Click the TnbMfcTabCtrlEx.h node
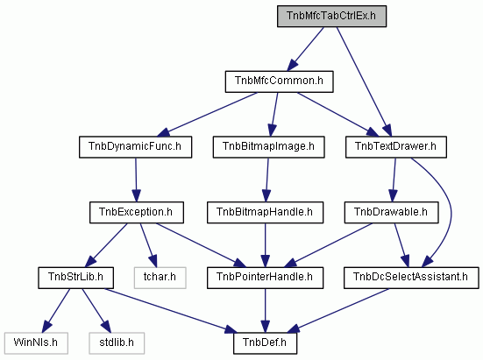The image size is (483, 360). tap(331, 16)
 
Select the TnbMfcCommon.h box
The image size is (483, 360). tap(279, 81)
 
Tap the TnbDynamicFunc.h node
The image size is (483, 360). tap(135, 147)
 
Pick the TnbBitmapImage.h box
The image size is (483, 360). tap(268, 147)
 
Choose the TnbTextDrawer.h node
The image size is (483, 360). tap(396, 147)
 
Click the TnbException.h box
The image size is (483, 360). tap(137, 213)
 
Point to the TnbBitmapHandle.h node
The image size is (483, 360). tap(266, 213)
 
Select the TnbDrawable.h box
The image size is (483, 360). tap(391, 213)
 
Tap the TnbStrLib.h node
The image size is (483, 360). tap(75, 278)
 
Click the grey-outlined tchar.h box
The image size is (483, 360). tap(160, 278)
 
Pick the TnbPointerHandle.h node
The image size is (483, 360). tap(266, 278)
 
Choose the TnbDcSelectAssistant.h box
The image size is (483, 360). tap(411, 278)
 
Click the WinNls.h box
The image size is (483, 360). tap(36, 343)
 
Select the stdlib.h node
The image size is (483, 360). tap(117, 343)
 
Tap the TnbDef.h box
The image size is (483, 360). tap(266, 343)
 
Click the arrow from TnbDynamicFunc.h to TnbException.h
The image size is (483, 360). tap(136, 180)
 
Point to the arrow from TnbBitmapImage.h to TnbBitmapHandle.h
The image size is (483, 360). tap(266, 180)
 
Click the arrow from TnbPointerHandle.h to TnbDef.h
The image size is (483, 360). tap(266, 310)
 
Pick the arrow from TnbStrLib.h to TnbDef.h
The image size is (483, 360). tap(171, 310)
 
